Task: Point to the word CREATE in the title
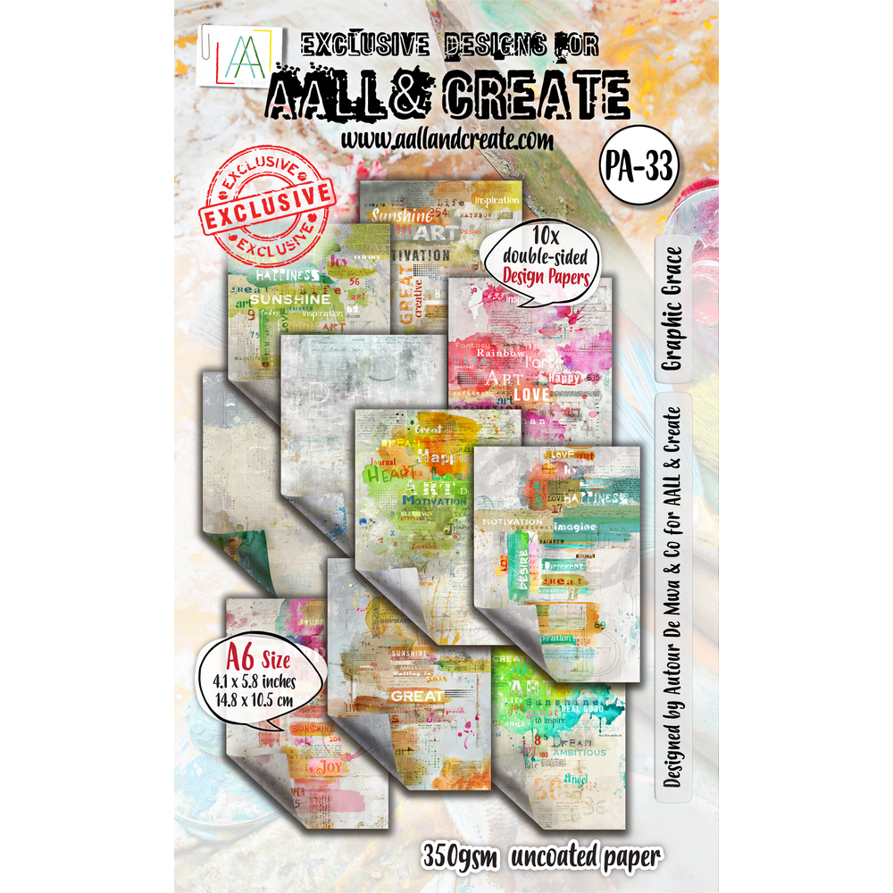tap(534, 95)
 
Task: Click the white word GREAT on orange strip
tap(416, 695)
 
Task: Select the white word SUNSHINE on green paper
tap(284, 299)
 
